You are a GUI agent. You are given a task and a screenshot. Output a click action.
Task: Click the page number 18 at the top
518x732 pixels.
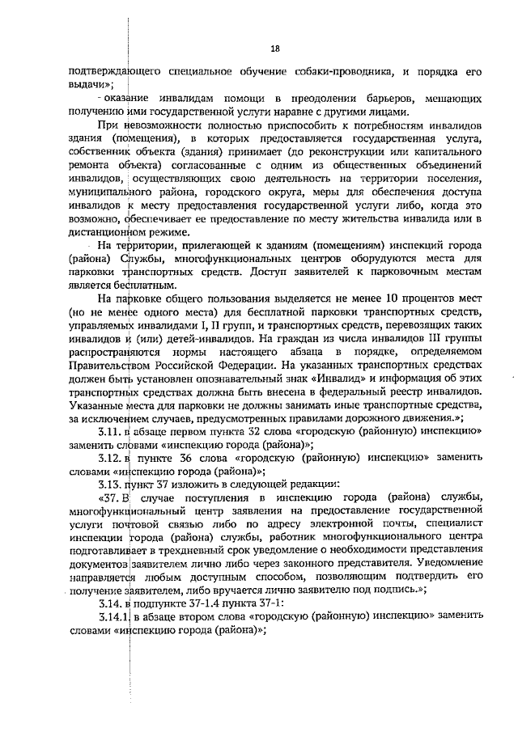tap(274, 49)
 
